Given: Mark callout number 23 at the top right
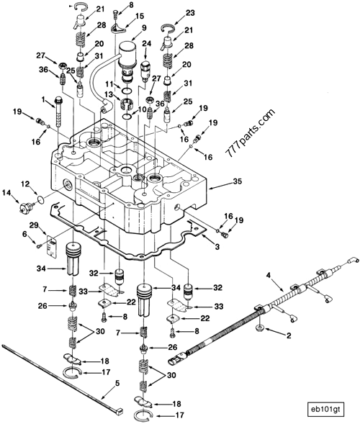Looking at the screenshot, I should [190, 13].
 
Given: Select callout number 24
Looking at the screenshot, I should [147, 44].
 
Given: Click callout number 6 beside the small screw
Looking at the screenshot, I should [24, 234].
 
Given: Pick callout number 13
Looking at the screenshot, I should [108, 94].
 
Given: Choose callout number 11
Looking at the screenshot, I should [108, 84].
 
